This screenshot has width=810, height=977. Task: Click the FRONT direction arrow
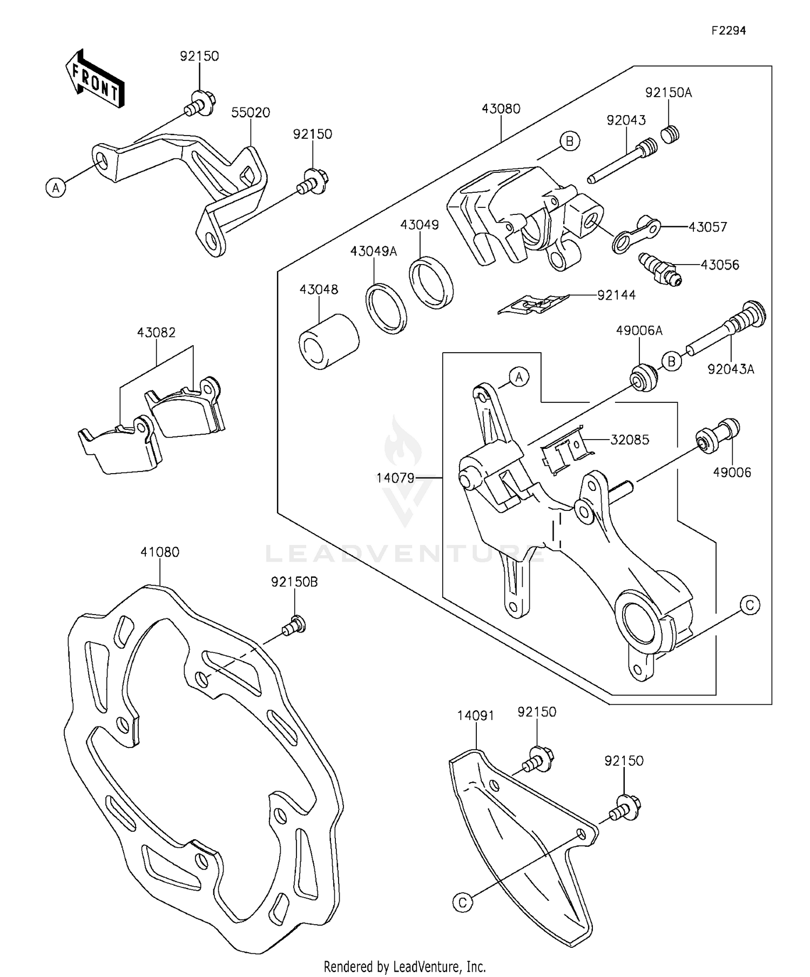pos(95,79)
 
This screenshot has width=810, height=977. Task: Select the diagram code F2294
pos(728,31)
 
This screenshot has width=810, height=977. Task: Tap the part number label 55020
pos(251,112)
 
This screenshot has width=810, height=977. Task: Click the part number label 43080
pos(501,109)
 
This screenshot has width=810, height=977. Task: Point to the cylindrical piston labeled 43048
pos(329,341)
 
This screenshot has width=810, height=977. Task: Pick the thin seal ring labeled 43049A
pos(386,308)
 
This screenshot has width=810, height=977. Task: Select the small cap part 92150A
pos(670,133)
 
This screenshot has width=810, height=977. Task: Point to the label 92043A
pos(731,369)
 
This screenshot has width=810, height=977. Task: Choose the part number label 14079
pos(395,477)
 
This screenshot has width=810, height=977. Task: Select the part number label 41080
pos(160,552)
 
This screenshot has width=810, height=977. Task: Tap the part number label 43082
pos(156,332)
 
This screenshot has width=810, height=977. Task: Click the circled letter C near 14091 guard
pos(462,902)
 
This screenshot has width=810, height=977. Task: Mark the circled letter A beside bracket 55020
pos(56,188)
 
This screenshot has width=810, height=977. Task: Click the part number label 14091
pos(475,716)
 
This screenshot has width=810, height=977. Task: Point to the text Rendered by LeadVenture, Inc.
pos(404,966)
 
